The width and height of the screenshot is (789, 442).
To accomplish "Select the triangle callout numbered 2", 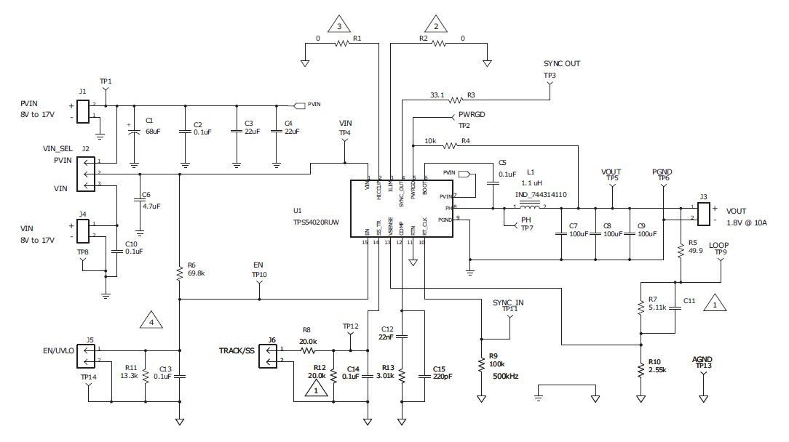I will pyautogui.click(x=437, y=25).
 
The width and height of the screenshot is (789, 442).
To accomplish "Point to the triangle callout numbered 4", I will pyautogui.click(x=151, y=319).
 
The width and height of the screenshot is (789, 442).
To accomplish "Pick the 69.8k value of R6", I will pyautogui.click(x=197, y=274).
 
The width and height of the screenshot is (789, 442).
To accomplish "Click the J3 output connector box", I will pyautogui.click(x=704, y=212).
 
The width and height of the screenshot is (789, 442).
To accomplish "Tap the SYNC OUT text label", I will pyautogui.click(x=561, y=64).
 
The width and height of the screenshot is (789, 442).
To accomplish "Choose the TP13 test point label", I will pyautogui.click(x=702, y=366).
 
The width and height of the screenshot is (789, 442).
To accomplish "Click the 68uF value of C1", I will pyautogui.click(x=153, y=131).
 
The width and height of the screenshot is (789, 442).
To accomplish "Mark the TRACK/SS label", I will pyautogui.click(x=237, y=351).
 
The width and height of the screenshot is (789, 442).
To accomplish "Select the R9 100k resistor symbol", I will pyautogui.click(x=480, y=363).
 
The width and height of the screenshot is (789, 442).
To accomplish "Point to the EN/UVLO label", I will pyautogui.click(x=58, y=351).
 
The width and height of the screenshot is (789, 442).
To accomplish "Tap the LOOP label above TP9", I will pyautogui.click(x=719, y=245).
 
